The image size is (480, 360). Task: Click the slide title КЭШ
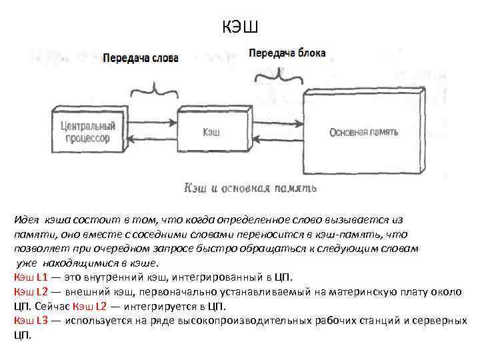coord(239,27)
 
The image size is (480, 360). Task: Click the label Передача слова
coord(141,58)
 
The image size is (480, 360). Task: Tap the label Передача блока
coord(287,53)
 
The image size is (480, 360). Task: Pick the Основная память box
coord(363,131)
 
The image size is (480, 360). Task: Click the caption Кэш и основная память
coord(250,189)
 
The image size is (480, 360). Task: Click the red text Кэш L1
coord(30,277)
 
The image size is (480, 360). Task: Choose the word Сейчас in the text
coord(52,306)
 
